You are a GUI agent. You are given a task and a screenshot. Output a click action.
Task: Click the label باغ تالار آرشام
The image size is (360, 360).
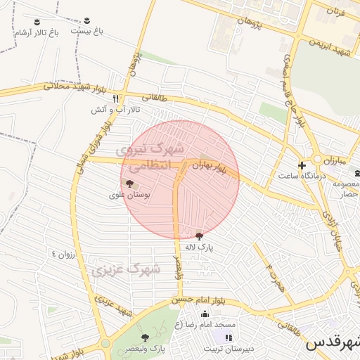pyautogui.click(x=37, y=33)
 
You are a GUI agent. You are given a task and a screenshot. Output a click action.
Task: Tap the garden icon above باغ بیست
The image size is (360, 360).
pyautogui.click(x=86, y=20)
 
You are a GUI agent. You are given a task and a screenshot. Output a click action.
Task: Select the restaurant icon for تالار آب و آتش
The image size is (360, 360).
pyautogui.click(x=116, y=98)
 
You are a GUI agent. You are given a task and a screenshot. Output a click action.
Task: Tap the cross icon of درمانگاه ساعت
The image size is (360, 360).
pyautogui.click(x=302, y=166)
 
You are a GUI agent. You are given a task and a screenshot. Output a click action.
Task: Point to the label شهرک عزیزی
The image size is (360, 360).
pyautogui.click(x=127, y=269)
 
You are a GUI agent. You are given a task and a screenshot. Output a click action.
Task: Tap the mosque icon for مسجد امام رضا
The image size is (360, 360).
pyautogui.click(x=205, y=314)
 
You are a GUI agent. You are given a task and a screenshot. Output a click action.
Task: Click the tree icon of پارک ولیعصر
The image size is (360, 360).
pyautogui.click(x=146, y=337)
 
